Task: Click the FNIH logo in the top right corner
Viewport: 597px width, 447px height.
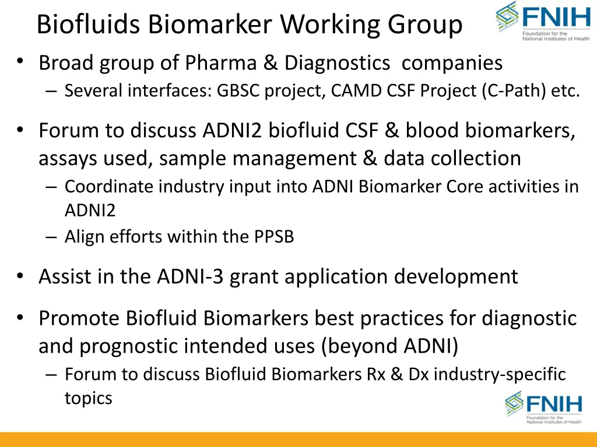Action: pyautogui.click(x=543, y=21)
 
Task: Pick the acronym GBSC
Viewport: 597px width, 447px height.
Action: pyautogui.click(x=239, y=92)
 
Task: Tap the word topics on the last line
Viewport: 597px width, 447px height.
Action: pyautogui.click(x=88, y=399)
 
